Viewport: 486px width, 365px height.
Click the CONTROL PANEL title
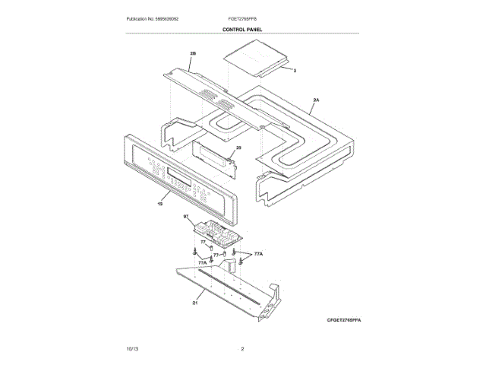coord(243,29)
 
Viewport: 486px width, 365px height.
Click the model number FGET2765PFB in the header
coord(243,17)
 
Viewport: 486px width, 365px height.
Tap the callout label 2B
coord(193,54)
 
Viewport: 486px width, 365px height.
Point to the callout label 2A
coord(316,100)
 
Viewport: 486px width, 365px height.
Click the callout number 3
coord(295,69)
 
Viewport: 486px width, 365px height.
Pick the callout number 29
coord(238,148)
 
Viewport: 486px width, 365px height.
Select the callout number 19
coord(160,203)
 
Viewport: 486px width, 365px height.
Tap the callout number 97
coord(186,217)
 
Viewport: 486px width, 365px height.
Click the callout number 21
coord(195,303)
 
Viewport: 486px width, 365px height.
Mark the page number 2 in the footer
coord(242,348)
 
